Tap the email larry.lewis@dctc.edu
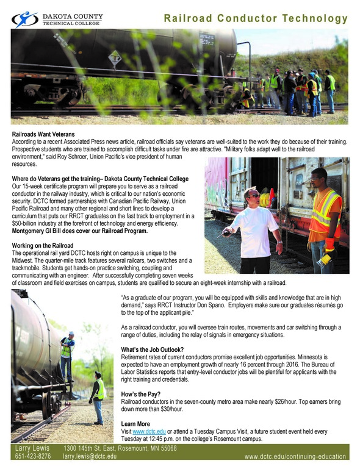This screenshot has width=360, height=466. click(90, 456)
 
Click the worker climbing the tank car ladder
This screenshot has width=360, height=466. click(67, 354)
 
